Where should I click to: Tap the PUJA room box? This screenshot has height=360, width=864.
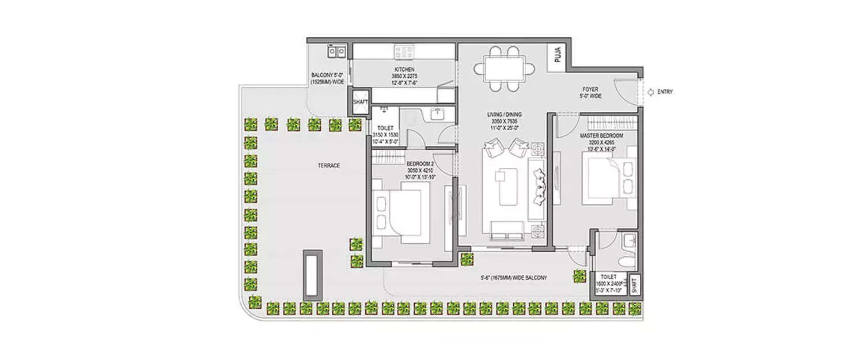tap(558, 56)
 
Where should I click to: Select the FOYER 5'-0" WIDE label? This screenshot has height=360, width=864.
tap(592, 93)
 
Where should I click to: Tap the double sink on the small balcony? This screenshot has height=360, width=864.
tap(336, 52)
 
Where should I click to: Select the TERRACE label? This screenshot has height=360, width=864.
tap(329, 165)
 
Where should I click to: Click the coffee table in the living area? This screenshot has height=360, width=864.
tap(509, 186)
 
